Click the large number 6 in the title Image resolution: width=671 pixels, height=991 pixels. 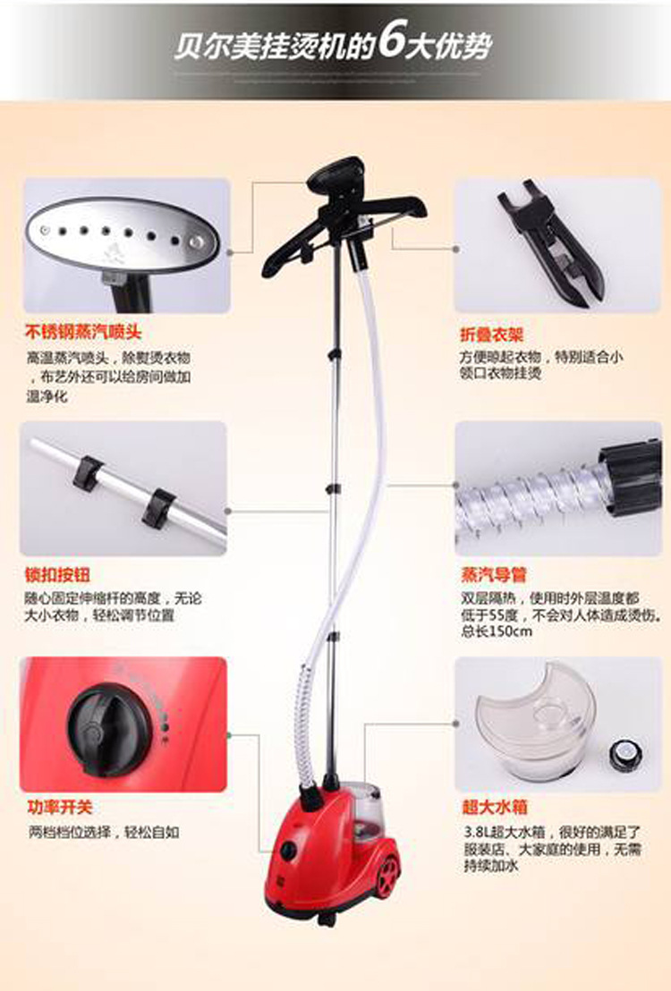click(391, 45)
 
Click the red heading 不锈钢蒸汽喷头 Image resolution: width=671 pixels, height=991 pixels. click(83, 333)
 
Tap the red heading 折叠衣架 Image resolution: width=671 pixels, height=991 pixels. click(492, 335)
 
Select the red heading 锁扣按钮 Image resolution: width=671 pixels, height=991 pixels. click(57, 574)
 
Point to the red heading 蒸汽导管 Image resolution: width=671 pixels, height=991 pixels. click(494, 574)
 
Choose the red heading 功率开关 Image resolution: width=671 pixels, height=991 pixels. click(61, 807)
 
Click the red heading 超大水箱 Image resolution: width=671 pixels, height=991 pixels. click(495, 807)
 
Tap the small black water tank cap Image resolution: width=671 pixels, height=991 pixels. click(625, 755)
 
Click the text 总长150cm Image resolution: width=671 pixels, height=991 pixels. click(497, 631)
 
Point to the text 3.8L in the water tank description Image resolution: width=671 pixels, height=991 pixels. click(476, 832)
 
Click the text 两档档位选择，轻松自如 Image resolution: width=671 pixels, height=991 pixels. click(104, 833)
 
